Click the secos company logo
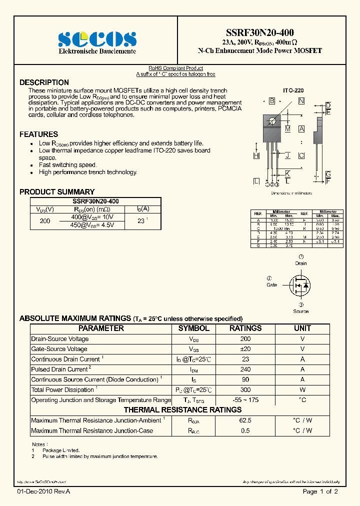coord(97,39)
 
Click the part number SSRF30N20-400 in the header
coord(259,32)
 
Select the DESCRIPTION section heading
coord(44,82)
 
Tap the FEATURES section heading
coord(38,134)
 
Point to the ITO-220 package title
coord(293,91)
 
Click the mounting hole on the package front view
coord(272,120)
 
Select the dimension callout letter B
coord(272,101)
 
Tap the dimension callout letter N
coord(301,101)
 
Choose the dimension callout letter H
coord(256,156)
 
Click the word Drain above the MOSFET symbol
coord(301,263)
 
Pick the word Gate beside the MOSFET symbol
coord(271,284)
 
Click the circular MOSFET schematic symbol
coord(301,285)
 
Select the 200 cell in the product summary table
coord(44,220)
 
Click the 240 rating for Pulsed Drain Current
coord(245,369)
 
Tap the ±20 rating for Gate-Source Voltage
coord(245,349)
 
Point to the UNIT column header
coord(302,328)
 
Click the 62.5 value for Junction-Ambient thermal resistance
coord(245,420)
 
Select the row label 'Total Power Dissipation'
coord(62,390)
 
